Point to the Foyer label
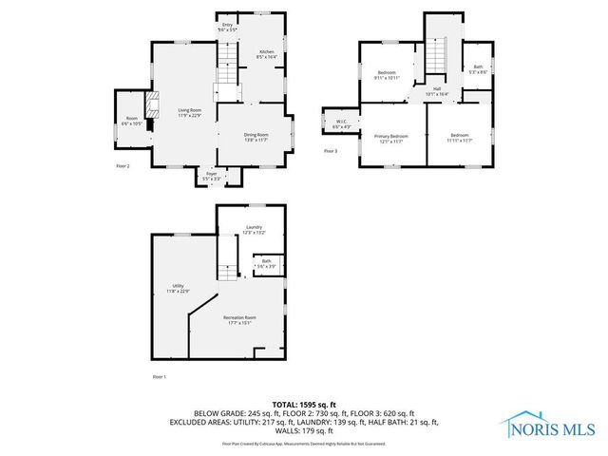click(x=211, y=176)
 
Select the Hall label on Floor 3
click(x=438, y=91)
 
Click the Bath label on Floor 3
click(x=478, y=68)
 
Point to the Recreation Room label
click(x=239, y=320)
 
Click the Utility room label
click(x=178, y=288)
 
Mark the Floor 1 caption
click(x=159, y=377)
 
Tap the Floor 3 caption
click(x=330, y=151)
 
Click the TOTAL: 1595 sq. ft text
click(x=304, y=405)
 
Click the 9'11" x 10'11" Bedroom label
click(x=389, y=75)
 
